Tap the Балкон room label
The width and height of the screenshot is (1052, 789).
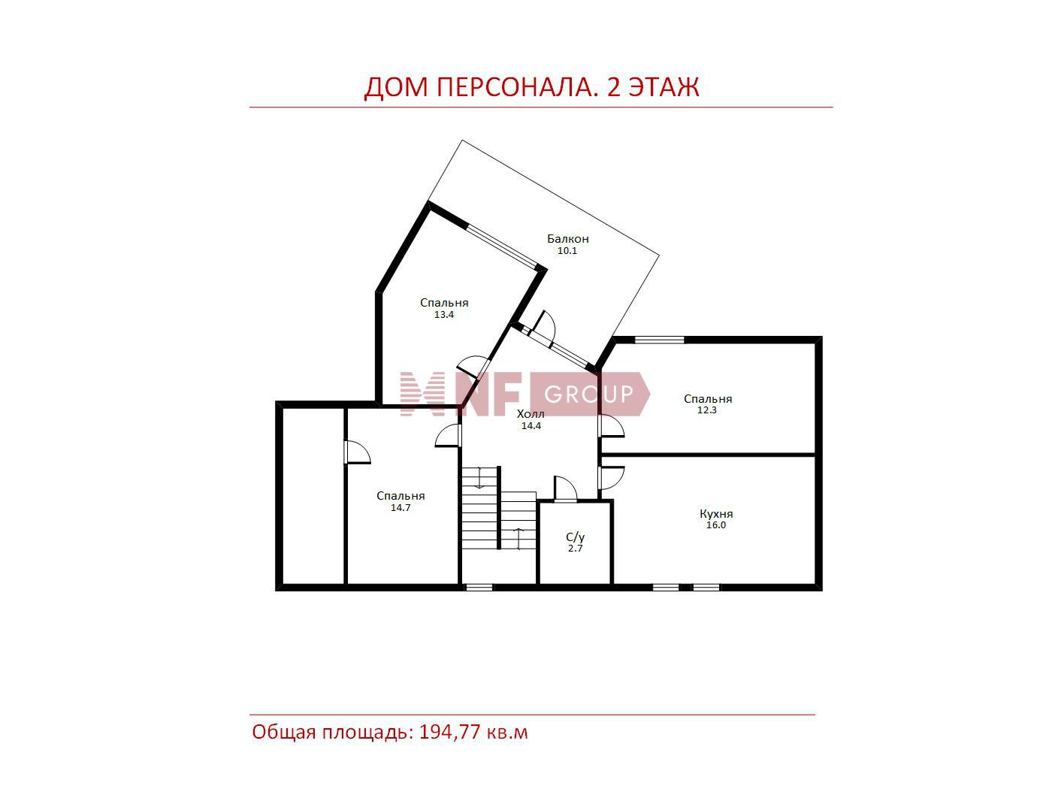coord(567,238)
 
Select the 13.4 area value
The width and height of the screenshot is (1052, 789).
coord(444,315)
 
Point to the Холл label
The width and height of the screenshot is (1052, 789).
coord(531,414)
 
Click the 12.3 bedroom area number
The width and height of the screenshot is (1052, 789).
coord(707,410)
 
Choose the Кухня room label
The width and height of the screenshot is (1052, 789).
coord(716,514)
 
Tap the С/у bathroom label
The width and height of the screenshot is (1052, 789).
coord(575,537)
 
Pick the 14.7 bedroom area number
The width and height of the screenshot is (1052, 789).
coord(401,508)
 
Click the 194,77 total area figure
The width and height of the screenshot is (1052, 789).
coord(449,733)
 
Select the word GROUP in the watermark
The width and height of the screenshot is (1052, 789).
coord(589,394)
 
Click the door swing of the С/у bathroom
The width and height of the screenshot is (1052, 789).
coord(566,488)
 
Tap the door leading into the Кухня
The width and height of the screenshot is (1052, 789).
coord(611,478)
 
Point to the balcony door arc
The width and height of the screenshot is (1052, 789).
coord(545,327)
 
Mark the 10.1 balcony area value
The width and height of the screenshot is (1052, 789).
coord(567,250)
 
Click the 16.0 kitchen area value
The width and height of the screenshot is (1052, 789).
coord(716,525)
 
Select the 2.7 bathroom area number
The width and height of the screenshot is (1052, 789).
coord(575,549)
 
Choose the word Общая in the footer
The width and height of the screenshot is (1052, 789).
coord(284,733)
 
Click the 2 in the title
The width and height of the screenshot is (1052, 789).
coord(613,87)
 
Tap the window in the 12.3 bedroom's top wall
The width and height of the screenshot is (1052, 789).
coord(660,340)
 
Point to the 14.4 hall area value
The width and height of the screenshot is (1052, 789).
coord(531,426)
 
